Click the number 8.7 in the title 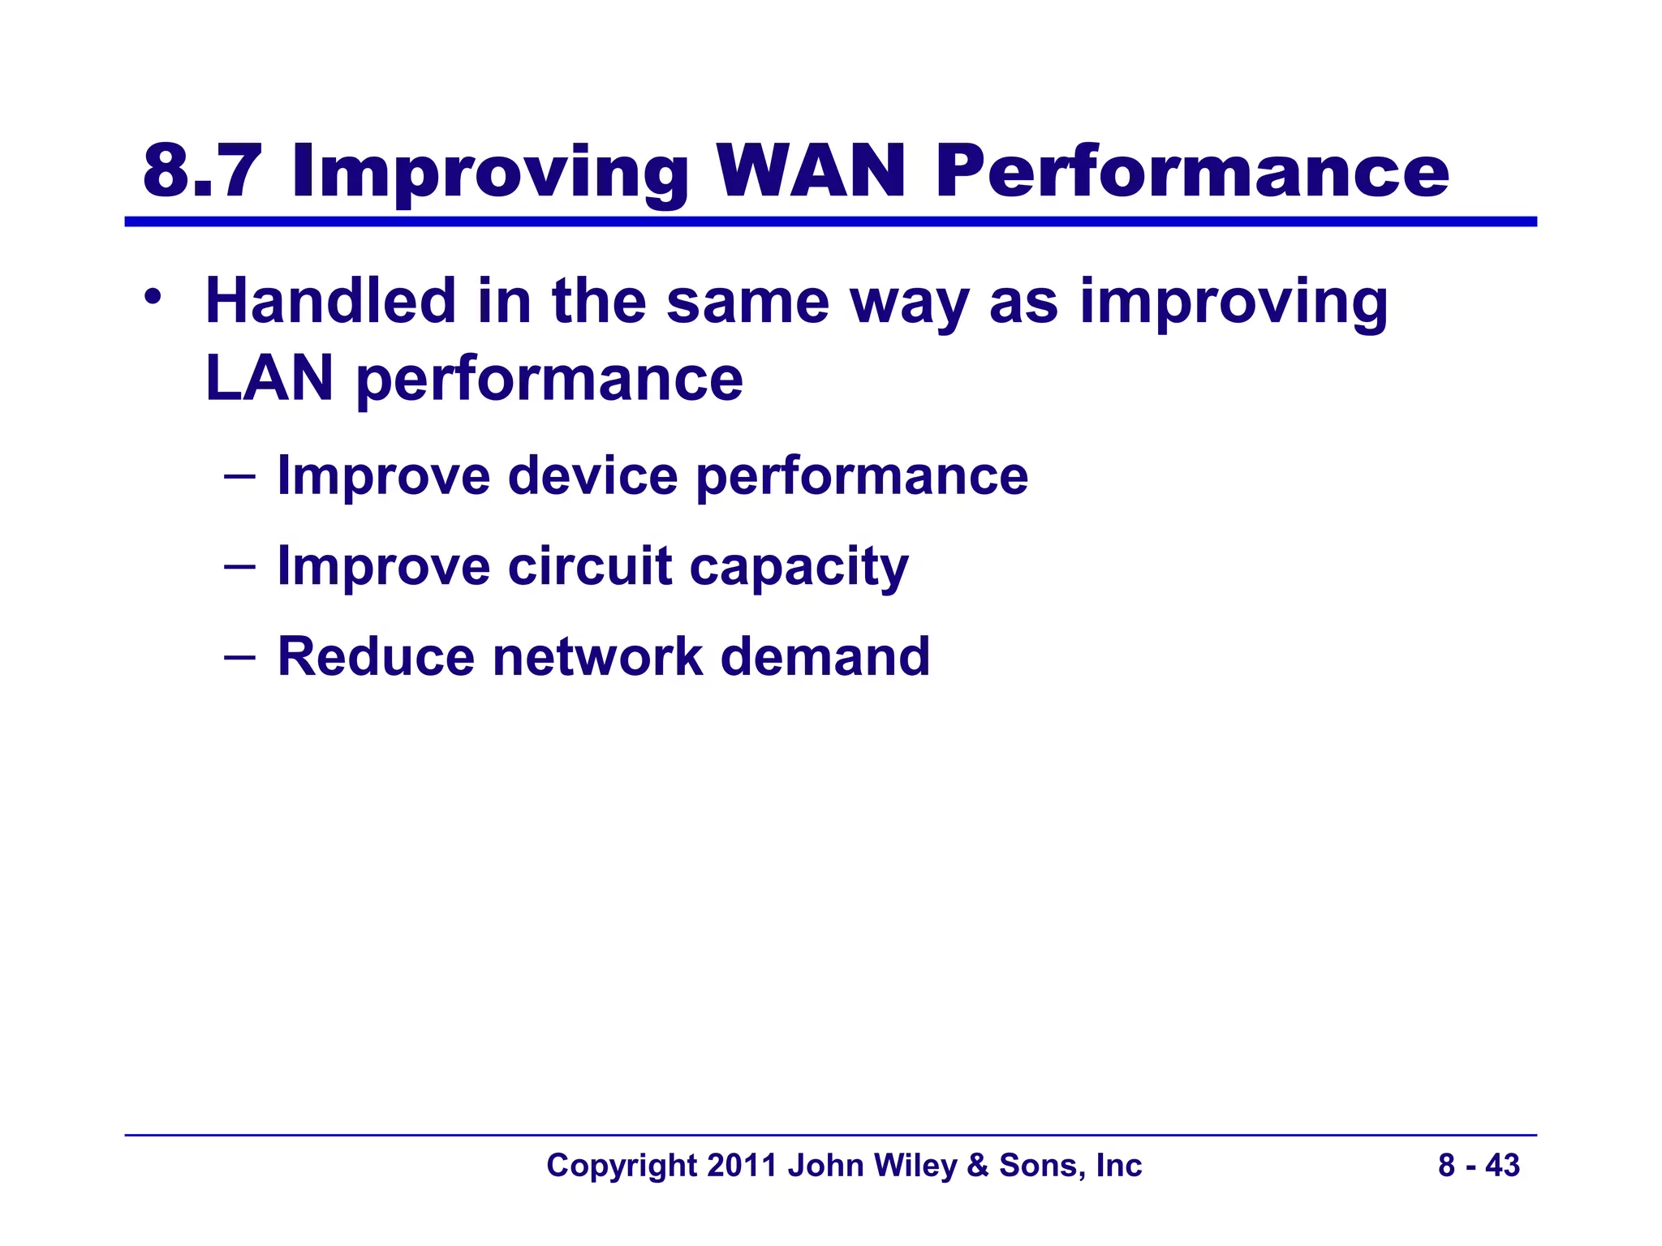pos(203,171)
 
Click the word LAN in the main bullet pos(269,378)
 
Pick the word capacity pos(799,568)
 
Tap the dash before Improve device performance pos(239,475)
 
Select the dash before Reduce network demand pos(239,656)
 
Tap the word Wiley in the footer pos(918,1166)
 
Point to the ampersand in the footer pos(978,1166)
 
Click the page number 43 pos(1502,1166)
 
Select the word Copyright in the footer pos(622,1167)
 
